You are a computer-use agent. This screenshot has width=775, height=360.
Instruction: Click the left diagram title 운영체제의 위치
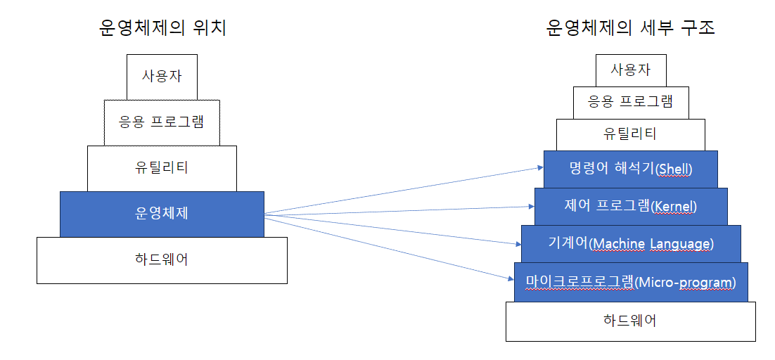coord(162,28)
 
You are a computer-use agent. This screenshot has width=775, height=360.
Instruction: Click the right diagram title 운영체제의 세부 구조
coord(630,28)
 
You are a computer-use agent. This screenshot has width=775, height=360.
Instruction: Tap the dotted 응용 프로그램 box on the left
coord(162,122)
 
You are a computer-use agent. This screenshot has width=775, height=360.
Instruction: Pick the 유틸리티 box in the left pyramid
coord(162,168)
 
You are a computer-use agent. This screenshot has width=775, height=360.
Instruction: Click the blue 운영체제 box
coord(162,214)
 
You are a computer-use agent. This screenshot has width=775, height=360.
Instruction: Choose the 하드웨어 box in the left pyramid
coord(162,260)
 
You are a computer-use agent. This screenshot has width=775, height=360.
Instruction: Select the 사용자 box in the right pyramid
coord(630,70)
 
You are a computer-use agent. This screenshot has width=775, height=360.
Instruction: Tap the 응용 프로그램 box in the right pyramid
coord(630,102)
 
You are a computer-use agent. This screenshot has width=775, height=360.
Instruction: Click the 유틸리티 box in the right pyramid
coord(630,134)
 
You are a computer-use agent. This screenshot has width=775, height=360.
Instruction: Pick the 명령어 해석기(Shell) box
coord(630,169)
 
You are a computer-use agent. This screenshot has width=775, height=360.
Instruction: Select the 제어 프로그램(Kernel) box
coord(630,206)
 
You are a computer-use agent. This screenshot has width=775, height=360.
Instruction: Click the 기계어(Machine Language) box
coord(630,243)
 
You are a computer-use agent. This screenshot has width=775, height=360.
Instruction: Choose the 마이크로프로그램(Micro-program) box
coord(630,282)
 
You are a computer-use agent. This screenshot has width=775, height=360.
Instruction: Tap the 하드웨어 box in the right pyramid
coord(630,321)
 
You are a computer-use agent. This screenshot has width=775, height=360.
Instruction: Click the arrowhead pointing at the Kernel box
coord(530,206)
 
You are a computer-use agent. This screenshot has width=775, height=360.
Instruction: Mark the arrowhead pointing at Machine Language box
coord(517,244)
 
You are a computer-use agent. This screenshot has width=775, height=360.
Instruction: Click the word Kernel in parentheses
coord(674,207)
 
